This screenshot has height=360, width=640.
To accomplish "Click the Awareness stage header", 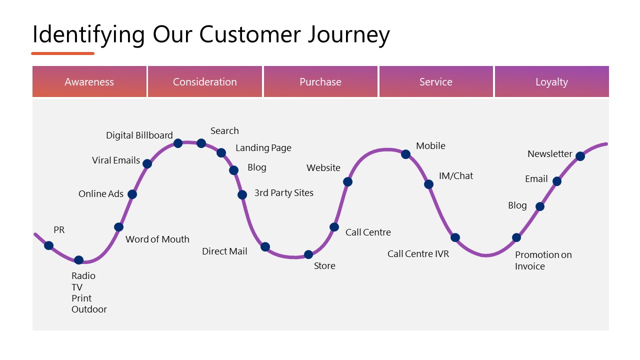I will pyautogui.click(x=89, y=81).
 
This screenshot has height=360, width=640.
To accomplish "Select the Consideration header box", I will pyautogui.click(x=205, y=81).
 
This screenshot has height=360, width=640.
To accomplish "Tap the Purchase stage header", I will pyautogui.click(x=320, y=81).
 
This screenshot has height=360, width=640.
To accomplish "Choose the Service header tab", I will pyautogui.click(x=436, y=81).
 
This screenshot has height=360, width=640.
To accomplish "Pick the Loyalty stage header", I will pyautogui.click(x=551, y=81).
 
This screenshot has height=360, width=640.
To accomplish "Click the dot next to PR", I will pyautogui.click(x=48, y=245).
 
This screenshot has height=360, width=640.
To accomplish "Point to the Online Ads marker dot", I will pyautogui.click(x=132, y=194).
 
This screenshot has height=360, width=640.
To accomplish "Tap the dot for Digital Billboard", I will pyautogui.click(x=178, y=143).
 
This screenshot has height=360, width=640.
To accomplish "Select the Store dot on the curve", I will pyautogui.click(x=308, y=254).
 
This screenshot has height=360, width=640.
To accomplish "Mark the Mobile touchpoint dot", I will pyautogui.click(x=405, y=154).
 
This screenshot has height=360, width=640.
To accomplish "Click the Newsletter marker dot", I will pyautogui.click(x=580, y=156).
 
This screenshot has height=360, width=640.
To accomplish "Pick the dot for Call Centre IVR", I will pyautogui.click(x=455, y=237).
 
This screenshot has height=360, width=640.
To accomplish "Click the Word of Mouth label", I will pyautogui.click(x=157, y=239).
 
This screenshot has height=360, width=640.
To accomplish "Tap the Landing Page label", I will pyautogui.click(x=263, y=148).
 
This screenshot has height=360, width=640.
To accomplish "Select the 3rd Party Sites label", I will pyautogui.click(x=284, y=193).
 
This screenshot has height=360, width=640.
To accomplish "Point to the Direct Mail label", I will pyautogui.click(x=224, y=251).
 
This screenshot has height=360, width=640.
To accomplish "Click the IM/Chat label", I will pyautogui.click(x=456, y=176).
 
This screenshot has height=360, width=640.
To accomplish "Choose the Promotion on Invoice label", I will pyautogui.click(x=543, y=260).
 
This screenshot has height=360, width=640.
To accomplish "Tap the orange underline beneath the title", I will pyautogui.click(x=62, y=53).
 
